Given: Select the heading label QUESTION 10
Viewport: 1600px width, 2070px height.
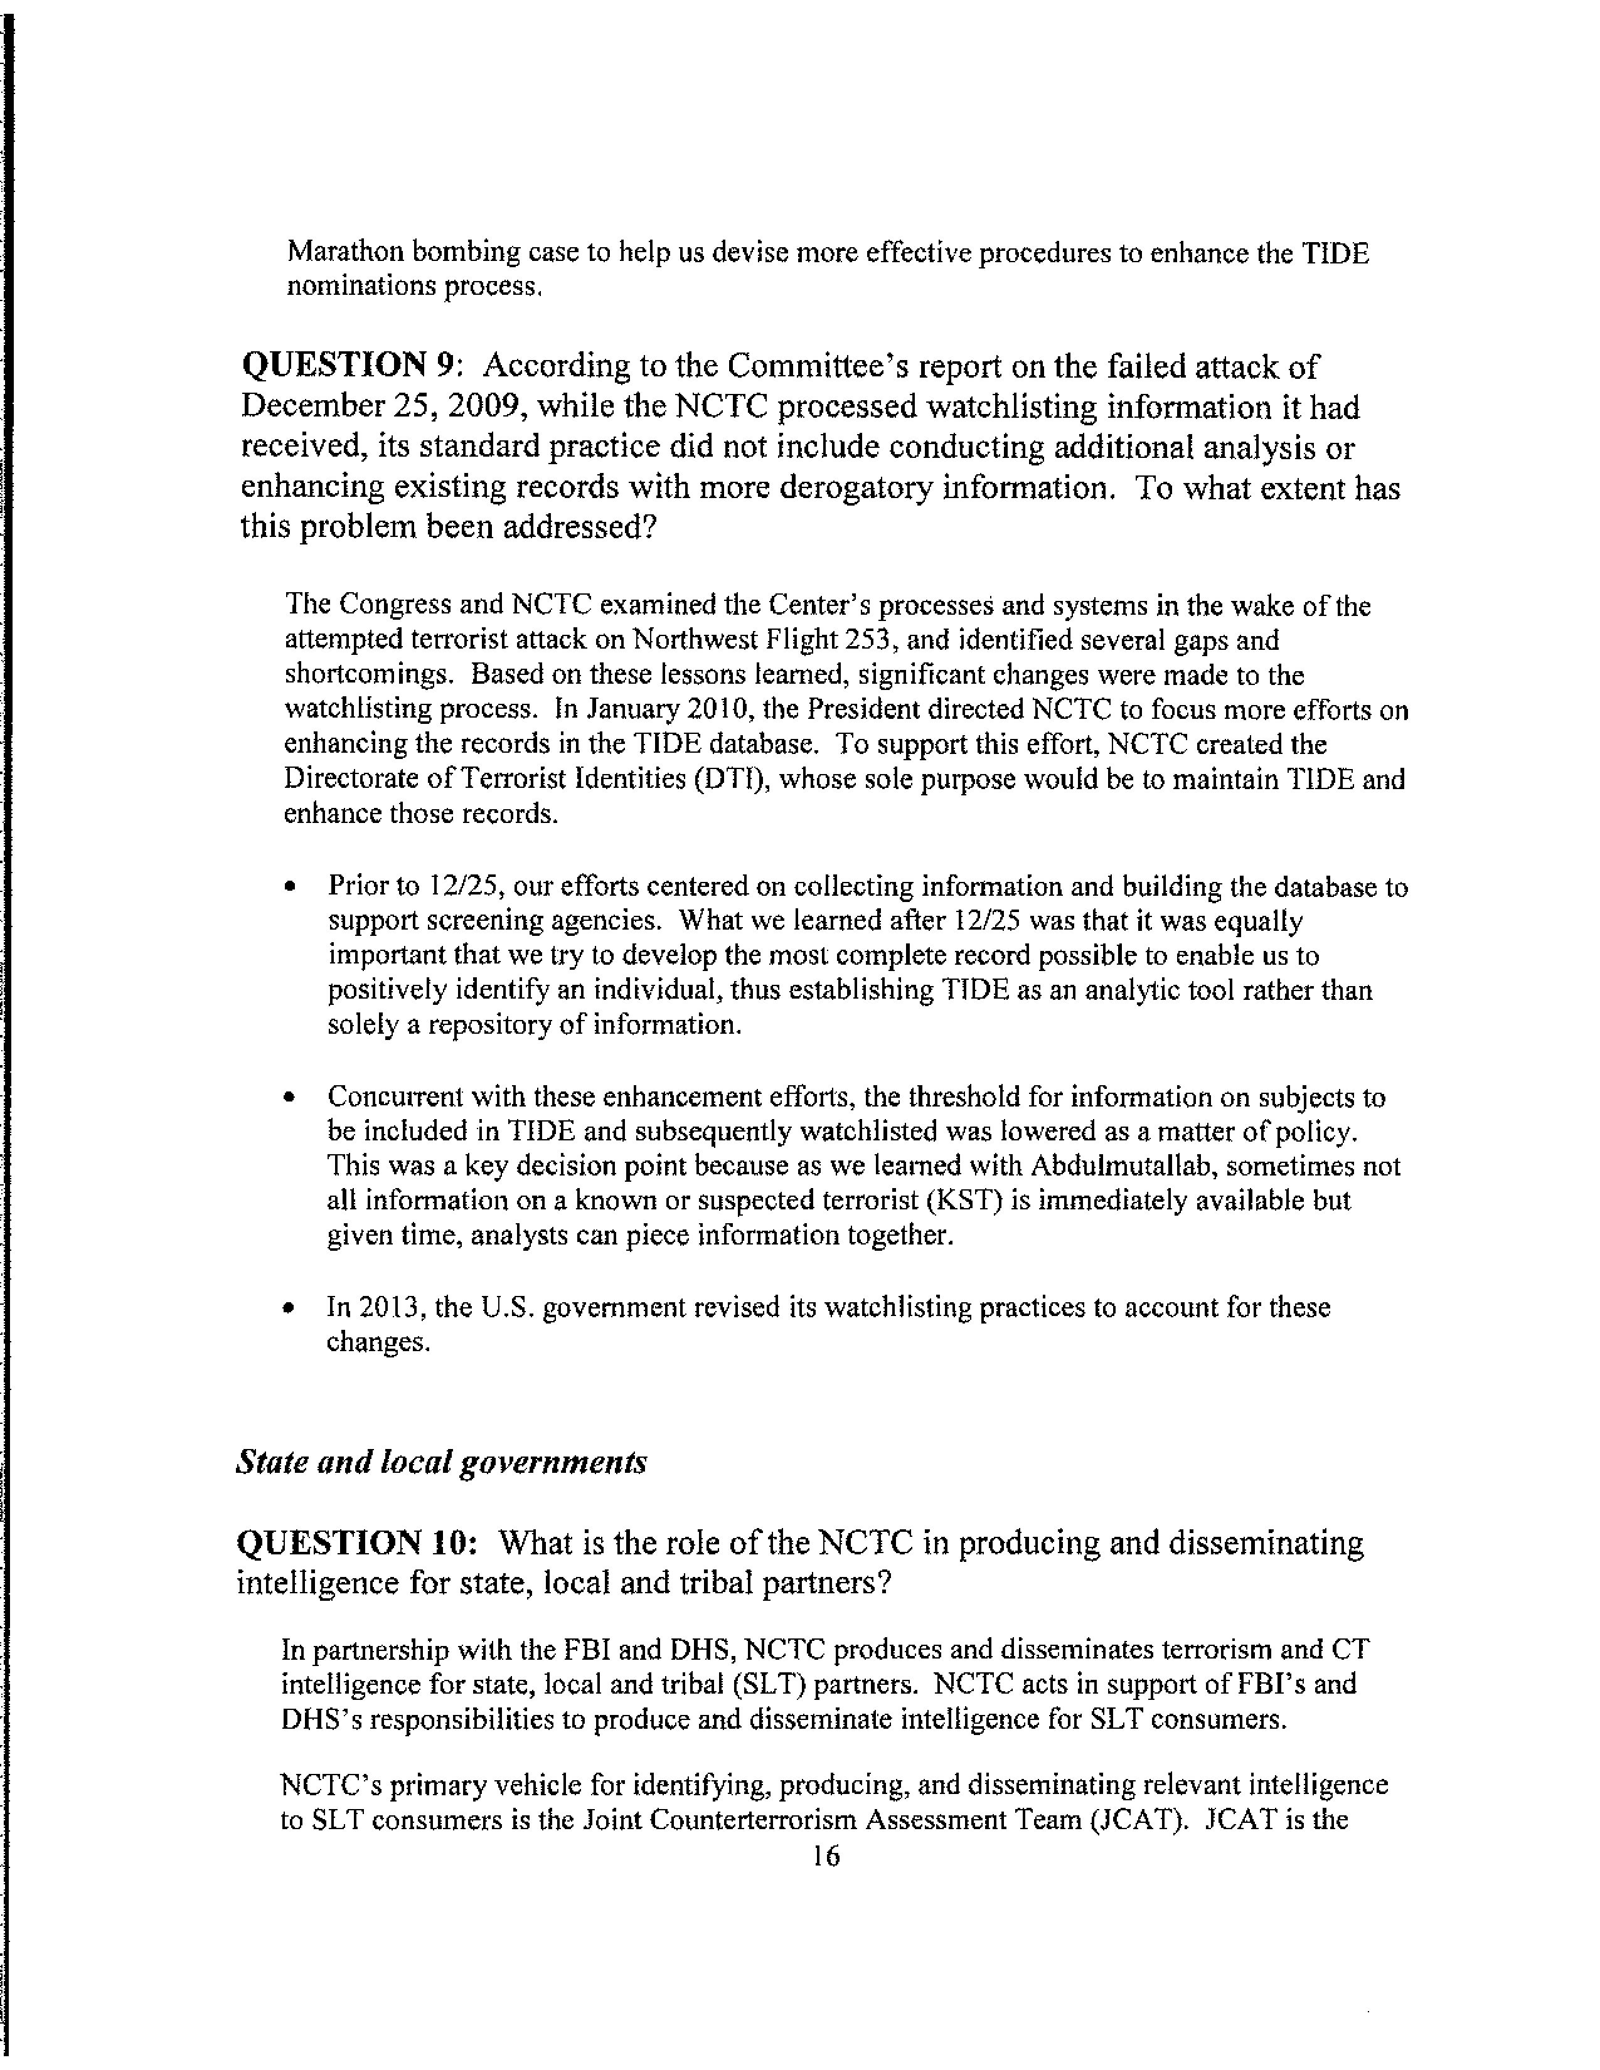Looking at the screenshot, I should pos(353,1543).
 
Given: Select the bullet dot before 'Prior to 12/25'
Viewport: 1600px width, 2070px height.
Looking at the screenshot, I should pos(290,888).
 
